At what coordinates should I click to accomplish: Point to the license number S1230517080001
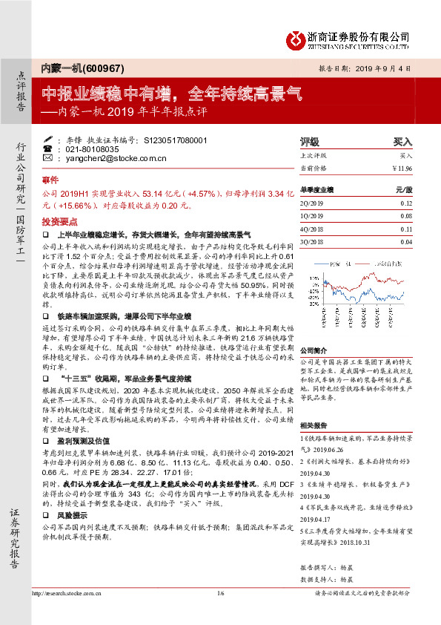coord(174,140)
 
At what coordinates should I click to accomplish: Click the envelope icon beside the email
coord(48,158)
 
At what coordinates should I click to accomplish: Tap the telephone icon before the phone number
coord(48,148)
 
